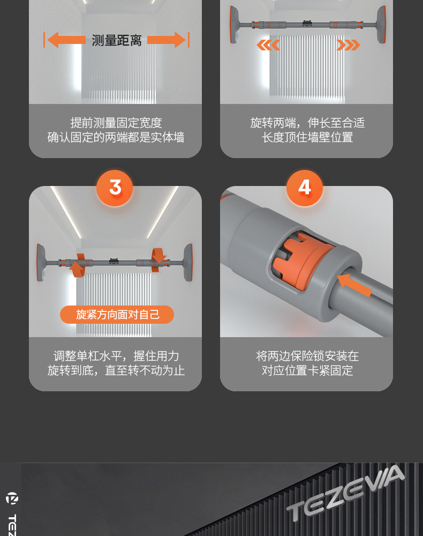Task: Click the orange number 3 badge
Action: coord(115,188)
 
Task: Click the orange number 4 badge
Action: coord(304,188)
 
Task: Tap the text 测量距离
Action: coord(116,40)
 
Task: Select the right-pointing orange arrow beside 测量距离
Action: coord(167,40)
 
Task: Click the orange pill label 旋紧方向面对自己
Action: coord(117,315)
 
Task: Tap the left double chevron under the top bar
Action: coord(268,45)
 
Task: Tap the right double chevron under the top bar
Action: coord(348,45)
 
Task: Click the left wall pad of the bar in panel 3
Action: coord(41,262)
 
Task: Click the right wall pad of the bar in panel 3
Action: coord(187,262)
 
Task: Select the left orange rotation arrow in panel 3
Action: coord(77,265)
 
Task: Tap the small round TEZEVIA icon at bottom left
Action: coord(12,498)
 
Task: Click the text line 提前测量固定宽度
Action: coord(116,123)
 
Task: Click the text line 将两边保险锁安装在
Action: coord(307,356)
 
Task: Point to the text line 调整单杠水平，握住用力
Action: coord(116,356)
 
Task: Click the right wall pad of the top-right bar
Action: coord(381,25)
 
